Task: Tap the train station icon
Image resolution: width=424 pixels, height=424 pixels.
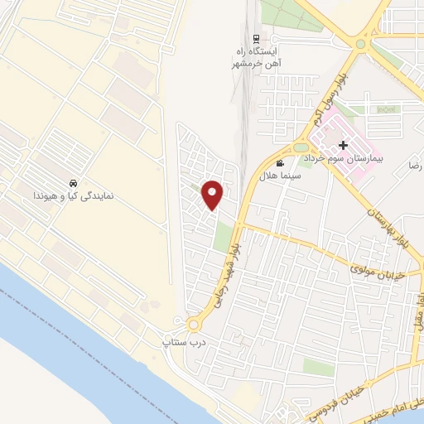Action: pyautogui.click(x=256, y=38)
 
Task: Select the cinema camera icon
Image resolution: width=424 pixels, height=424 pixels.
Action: pyautogui.click(x=280, y=163)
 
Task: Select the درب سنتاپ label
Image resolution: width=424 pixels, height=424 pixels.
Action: pyautogui.click(x=181, y=340)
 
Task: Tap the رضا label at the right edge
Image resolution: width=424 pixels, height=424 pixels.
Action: pyautogui.click(x=414, y=166)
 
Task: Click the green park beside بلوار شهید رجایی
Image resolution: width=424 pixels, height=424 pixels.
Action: pyautogui.click(x=222, y=236)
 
